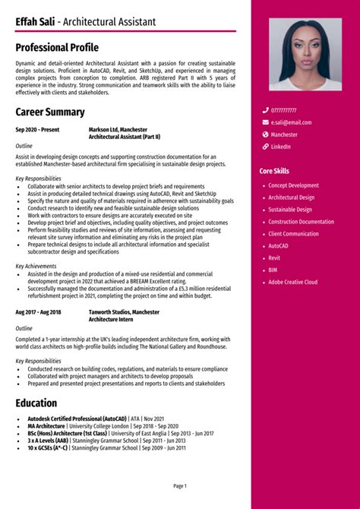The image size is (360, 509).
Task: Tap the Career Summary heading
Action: click(49, 112)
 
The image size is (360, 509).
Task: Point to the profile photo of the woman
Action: click(305, 55)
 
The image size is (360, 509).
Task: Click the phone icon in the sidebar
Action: click(266, 110)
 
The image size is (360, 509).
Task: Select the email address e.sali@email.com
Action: click(291, 122)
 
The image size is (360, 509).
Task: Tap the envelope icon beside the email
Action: click(266, 122)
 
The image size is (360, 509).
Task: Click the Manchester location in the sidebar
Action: click(285, 134)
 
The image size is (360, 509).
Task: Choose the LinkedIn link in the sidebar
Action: click(281, 147)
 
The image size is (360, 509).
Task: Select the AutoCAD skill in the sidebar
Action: click(278, 246)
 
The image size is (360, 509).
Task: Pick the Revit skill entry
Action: click(274, 258)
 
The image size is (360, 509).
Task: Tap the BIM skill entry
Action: click(273, 270)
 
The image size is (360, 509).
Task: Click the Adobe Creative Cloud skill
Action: click(293, 283)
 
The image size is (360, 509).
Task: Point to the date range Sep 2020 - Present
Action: click(36, 130)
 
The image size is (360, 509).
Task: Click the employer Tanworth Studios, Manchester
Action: click(124, 312)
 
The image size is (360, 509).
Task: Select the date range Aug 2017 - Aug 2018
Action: click(38, 312)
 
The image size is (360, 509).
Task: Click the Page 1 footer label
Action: click(180, 485)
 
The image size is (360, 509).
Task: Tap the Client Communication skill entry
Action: click(293, 234)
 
